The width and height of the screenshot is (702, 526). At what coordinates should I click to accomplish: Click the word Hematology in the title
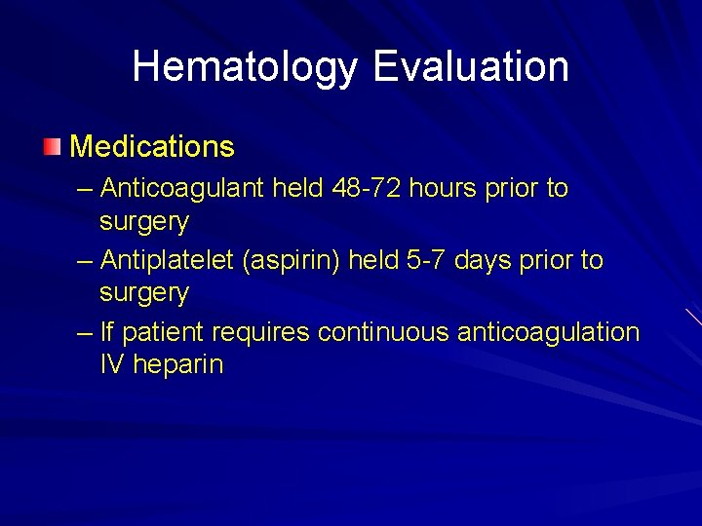[x=246, y=67]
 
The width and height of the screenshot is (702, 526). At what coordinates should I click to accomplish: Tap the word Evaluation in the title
[x=471, y=66]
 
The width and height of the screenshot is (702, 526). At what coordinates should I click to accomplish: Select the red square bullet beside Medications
[x=52, y=147]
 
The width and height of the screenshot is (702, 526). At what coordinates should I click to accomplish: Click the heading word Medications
[x=152, y=147]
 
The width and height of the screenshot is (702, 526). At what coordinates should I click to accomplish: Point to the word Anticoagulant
[x=182, y=187]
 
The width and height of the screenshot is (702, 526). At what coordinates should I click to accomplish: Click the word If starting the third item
[x=106, y=332]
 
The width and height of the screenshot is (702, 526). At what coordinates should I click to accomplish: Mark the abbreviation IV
[x=112, y=365]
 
